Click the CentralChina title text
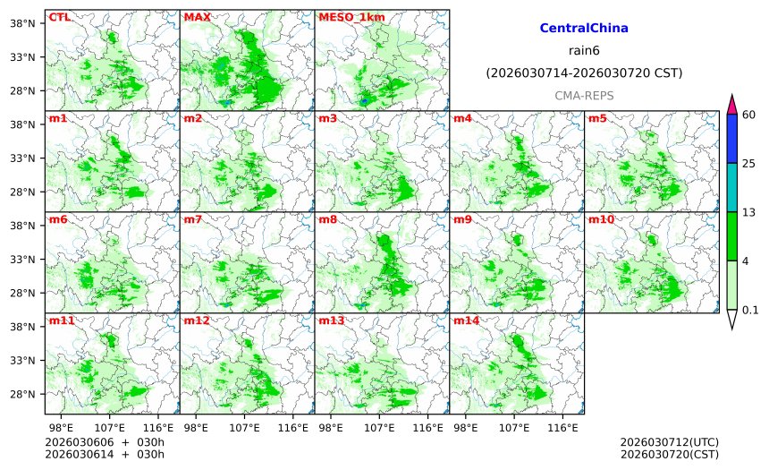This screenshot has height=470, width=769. coord(584,29)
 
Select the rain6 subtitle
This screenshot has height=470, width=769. coord(584,50)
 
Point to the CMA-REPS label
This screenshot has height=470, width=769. coord(584,95)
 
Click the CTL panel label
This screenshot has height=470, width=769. coord(59,17)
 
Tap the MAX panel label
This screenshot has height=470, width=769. coord(197,17)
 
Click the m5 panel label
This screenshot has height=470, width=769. coord(596,118)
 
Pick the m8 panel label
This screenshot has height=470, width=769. coord(327,219)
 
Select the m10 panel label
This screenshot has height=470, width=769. coord(600,219)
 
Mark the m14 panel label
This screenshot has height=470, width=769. coord(466,320)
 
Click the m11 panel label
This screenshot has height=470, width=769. coord(61,320)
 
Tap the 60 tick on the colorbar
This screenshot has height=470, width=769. coord(749,114)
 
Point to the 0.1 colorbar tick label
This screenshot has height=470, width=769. coord(751,311)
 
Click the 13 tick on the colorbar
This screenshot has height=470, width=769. coord(749,212)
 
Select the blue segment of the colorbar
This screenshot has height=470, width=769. coord(731,138)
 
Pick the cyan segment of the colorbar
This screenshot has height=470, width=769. coord(731,187)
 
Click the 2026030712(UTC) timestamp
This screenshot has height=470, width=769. coord(669,442)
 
